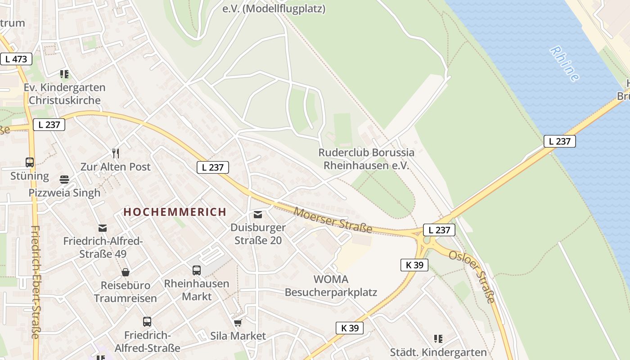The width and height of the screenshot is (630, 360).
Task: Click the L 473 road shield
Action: pyautogui.click(x=16, y=59)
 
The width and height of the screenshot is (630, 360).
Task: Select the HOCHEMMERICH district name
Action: pyautogui.click(x=175, y=212)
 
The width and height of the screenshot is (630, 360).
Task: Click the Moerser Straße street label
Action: pyautogui.click(x=333, y=220)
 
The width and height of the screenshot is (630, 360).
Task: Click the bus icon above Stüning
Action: pyautogui.click(x=30, y=162)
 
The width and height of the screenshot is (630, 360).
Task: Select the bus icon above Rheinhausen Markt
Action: pyautogui.click(x=197, y=270)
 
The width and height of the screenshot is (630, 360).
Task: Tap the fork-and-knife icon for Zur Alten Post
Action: pyautogui.click(x=116, y=153)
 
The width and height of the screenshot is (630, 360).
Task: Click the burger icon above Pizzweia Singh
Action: pyautogui.click(x=64, y=180)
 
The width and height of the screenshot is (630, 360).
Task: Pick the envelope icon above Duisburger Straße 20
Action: pyautogui.click(x=258, y=215)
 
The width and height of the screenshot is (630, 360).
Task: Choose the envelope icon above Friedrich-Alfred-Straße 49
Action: pyautogui.click(x=103, y=228)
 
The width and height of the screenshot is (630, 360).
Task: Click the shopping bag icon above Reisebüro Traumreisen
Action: pyautogui.click(x=126, y=272)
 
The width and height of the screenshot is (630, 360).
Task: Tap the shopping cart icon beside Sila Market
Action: pyautogui.click(x=238, y=323)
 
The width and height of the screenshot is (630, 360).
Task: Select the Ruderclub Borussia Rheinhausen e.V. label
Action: pyautogui.click(x=366, y=159)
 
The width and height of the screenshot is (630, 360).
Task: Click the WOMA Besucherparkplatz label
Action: pyautogui.click(x=331, y=286)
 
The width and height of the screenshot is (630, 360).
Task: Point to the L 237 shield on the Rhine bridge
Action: pyautogui.click(x=559, y=141)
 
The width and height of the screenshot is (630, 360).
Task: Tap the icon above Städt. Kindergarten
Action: pyautogui.click(x=438, y=339)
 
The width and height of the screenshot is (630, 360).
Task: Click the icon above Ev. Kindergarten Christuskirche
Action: pyautogui.click(x=64, y=74)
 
